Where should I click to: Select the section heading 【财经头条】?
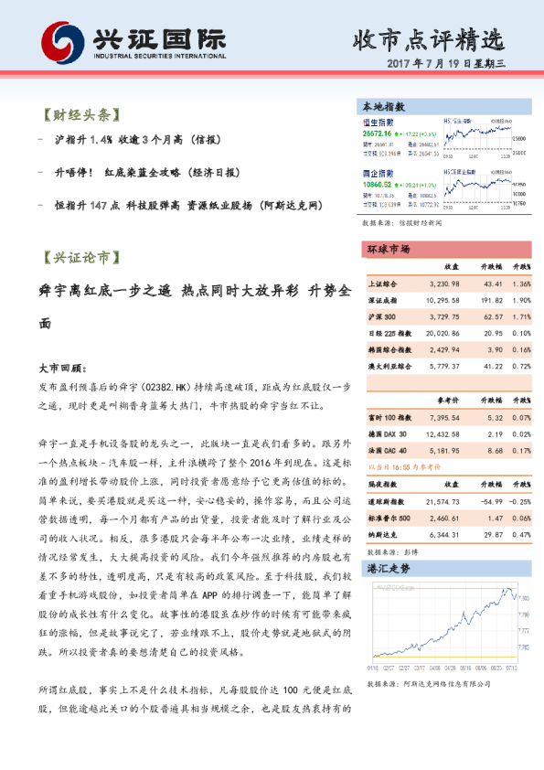(81, 116)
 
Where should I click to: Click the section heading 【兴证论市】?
(81, 258)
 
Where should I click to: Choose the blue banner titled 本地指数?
(383, 107)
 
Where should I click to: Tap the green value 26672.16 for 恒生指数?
(377, 134)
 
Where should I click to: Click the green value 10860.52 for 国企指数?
(377, 183)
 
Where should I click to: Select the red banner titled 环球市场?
(388, 249)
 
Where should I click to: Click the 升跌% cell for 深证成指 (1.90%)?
(520, 300)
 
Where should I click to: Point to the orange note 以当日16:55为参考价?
(400, 465)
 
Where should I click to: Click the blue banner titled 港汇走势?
(388, 569)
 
